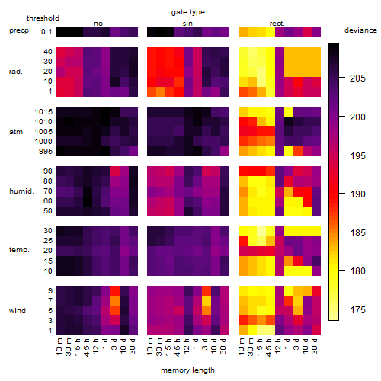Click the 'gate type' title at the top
[x=188, y=12]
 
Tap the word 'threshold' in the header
[x=43, y=18]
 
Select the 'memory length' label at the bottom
[x=187, y=370]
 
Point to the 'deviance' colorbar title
[x=360, y=30]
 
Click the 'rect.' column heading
[x=277, y=24]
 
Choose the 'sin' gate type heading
[x=187, y=24]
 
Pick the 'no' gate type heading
[x=98, y=24]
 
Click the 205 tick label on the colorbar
[x=357, y=78]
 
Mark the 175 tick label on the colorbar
[x=357, y=310]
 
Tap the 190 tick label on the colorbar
[x=357, y=194]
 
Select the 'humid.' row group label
[x=21, y=191]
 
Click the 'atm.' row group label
[x=17, y=132]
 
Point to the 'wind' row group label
[x=18, y=311]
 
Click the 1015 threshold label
[x=43, y=112]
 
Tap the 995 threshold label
[x=46, y=152]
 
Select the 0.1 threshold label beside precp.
[x=46, y=32]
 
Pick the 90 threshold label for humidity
[x=48, y=171]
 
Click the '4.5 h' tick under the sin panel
[x=178, y=347]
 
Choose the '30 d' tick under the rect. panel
[x=315, y=346]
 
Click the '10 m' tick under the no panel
[x=59, y=347]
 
